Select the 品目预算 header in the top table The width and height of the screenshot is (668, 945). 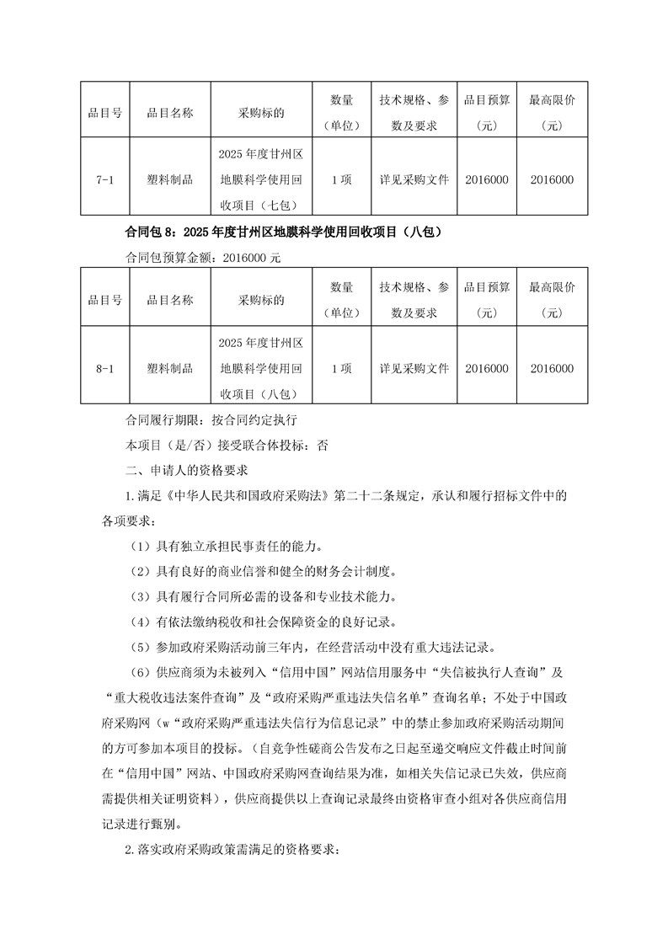(486, 113)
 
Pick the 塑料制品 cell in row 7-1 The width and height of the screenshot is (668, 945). (170, 179)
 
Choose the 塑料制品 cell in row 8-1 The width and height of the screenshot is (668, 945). (170, 368)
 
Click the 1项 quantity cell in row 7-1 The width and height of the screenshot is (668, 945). (341, 179)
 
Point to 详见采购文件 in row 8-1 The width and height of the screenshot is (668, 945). (414, 368)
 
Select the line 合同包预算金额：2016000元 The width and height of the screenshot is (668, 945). (202, 258)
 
